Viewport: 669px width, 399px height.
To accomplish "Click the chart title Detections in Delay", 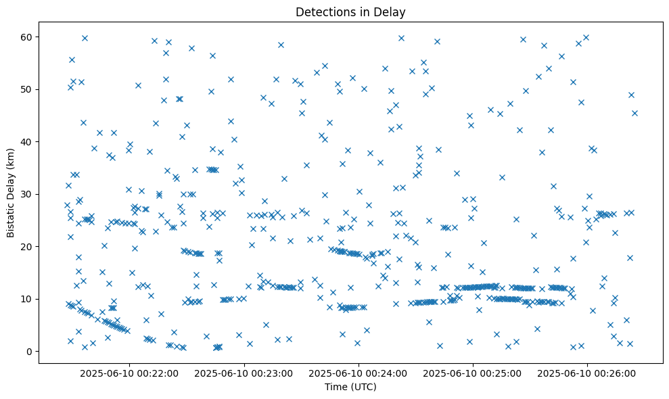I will pyautogui.click(x=350, y=11).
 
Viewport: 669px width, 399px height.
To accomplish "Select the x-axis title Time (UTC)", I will pyautogui.click(x=350, y=387).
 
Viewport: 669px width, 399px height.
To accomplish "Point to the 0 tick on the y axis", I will pyautogui.click(x=29, y=352).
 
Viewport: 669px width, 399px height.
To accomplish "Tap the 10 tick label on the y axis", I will pyautogui.click(x=26, y=299).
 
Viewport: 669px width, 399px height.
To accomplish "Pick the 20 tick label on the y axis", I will pyautogui.click(x=26, y=247).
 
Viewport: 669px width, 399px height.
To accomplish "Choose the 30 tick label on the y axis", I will pyautogui.click(x=26, y=194).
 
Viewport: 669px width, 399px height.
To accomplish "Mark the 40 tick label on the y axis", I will pyautogui.click(x=26, y=142).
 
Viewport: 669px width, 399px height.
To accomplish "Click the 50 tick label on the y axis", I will pyautogui.click(x=26, y=89).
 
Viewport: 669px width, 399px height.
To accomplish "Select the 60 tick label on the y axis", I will pyautogui.click(x=26, y=37).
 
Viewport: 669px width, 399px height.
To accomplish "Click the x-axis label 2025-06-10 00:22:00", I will pyautogui.click(x=129, y=373).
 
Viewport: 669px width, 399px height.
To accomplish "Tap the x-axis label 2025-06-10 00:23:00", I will pyautogui.click(x=244, y=373).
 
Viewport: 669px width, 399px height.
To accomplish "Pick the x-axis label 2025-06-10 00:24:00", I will pyautogui.click(x=358, y=373).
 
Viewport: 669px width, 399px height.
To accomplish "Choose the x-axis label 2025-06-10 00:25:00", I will pyautogui.click(x=472, y=373).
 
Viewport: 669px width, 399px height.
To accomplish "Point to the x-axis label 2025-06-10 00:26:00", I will pyautogui.click(x=586, y=373).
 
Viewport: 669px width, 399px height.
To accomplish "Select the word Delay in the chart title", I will pyautogui.click(x=392, y=11).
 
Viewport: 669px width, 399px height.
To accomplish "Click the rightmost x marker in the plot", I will pyautogui.click(x=635, y=113).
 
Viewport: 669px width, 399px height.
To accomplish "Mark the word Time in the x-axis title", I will pyautogui.click(x=336, y=387).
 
